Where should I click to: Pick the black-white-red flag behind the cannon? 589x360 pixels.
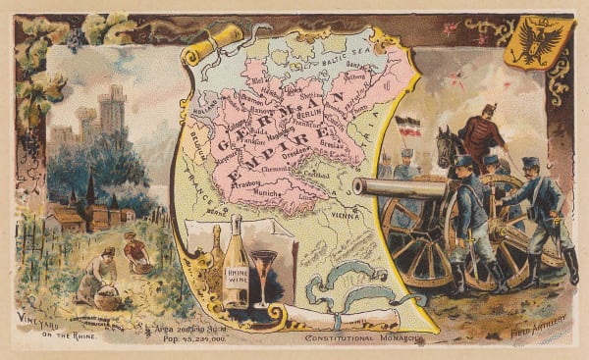406,127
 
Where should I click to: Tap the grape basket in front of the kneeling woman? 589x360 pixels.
107,296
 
